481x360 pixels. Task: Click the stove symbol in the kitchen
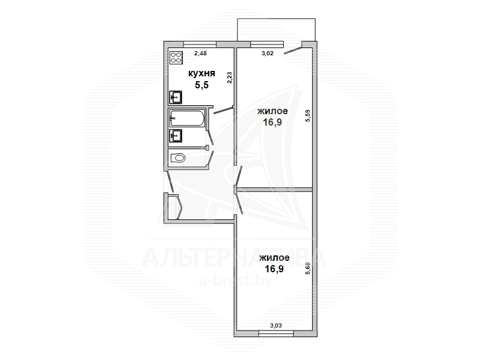[176, 58]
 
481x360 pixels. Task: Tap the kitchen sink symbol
[176, 97]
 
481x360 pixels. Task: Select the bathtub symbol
[187, 118]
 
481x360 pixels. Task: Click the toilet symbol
[178, 158]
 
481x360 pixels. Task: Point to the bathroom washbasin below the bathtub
[176, 136]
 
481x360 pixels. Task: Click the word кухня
[201, 73]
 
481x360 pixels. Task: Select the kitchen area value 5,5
[201, 85]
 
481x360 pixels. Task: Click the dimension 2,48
[201, 53]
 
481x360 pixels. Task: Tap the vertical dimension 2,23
[230, 78]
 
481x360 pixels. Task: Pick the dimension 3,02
[267, 53]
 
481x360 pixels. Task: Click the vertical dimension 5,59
[308, 116]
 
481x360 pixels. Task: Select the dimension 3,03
[276, 326]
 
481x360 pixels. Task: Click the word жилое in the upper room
[272, 111]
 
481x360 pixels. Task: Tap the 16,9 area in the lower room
[274, 269]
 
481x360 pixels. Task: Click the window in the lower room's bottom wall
[276, 334]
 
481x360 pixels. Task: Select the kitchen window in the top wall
[200, 44]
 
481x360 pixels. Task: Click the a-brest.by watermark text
[236, 281]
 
